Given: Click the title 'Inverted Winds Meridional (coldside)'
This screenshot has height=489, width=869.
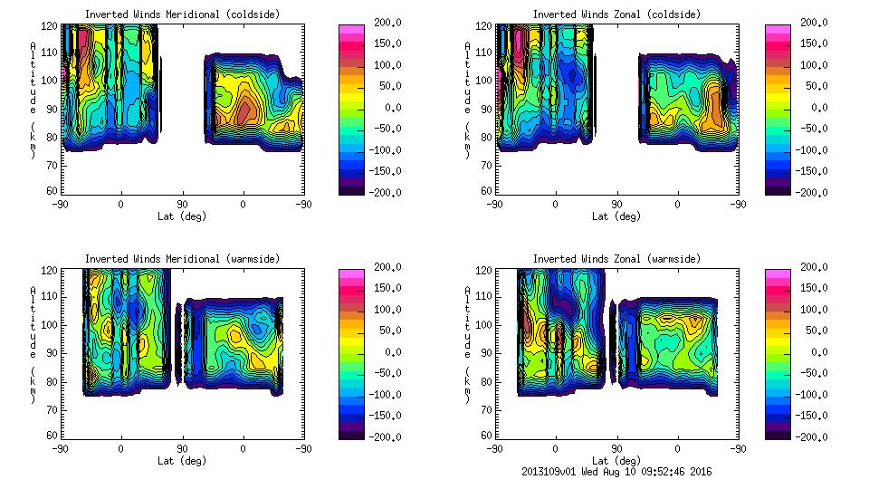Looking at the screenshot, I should (x=182, y=14).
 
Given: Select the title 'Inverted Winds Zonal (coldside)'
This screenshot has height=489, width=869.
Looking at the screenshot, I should (x=617, y=14).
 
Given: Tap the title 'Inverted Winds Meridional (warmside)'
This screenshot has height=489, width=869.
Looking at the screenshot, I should (x=182, y=259).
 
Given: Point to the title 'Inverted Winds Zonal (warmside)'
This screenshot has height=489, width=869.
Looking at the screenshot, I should (x=617, y=259).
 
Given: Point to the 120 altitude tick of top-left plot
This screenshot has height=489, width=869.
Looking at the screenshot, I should (x=53, y=25).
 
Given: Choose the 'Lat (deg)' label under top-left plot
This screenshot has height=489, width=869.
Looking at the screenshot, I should (x=182, y=216).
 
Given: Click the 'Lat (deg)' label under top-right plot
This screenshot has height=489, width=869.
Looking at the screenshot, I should (x=617, y=216).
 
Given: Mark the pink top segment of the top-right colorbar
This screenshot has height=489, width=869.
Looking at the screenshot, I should (x=777, y=30).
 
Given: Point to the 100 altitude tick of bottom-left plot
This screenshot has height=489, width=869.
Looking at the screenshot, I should (x=53, y=324).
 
